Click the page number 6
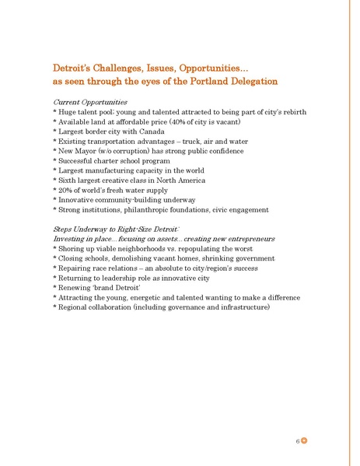(x=298, y=440)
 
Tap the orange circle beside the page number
(x=306, y=440)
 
